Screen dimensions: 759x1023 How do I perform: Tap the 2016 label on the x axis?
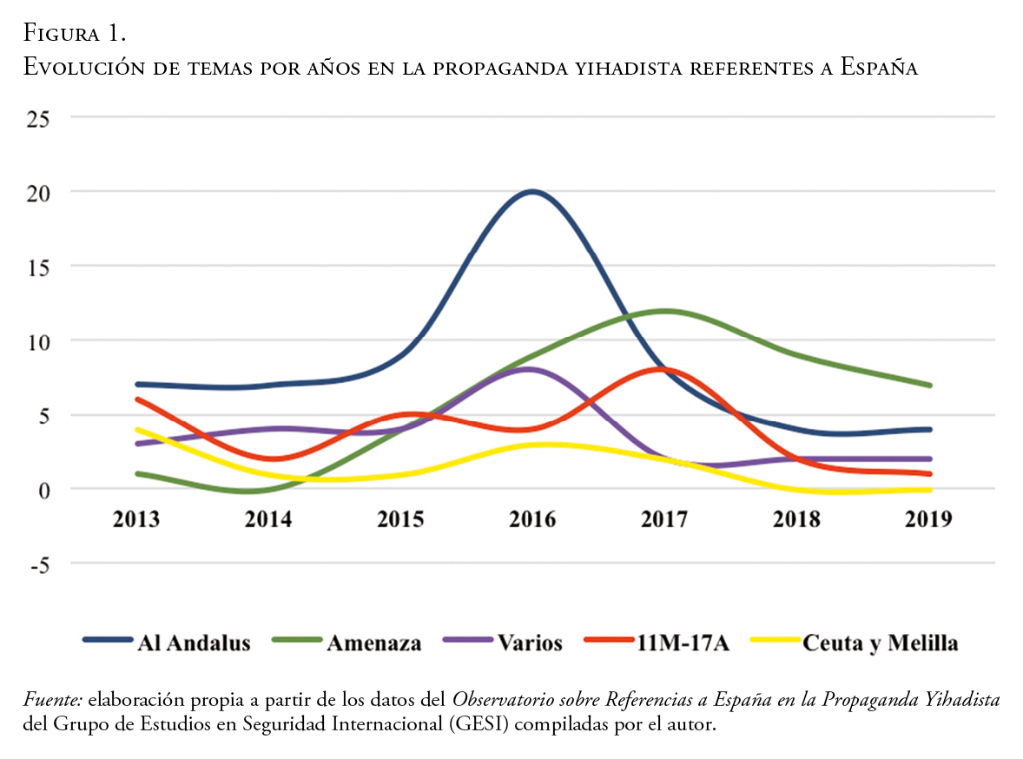click(531, 519)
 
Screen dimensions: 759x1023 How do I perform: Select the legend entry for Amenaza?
click(373, 643)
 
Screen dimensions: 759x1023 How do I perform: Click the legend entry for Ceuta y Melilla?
click(881, 643)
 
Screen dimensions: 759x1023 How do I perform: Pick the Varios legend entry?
click(530, 643)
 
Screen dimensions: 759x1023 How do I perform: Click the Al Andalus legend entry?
click(193, 643)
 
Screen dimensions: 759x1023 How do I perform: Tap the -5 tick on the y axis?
click(42, 564)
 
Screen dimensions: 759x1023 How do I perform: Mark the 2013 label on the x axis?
click(136, 519)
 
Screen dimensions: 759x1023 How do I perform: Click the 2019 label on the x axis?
click(929, 519)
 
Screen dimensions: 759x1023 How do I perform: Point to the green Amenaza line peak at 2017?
click(665, 311)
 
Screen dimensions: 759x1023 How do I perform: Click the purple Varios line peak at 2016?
click(530, 369)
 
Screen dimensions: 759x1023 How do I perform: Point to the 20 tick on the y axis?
click(37, 191)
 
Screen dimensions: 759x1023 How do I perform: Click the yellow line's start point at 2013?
click(137, 429)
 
